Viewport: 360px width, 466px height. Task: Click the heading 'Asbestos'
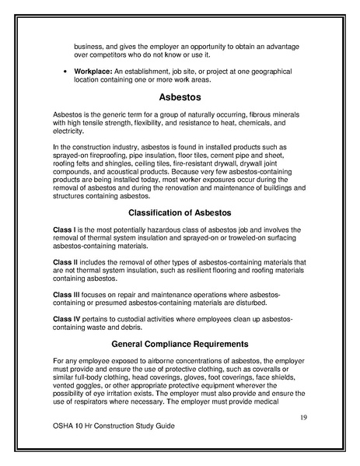tap(180, 99)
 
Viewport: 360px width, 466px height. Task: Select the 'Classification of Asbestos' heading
tap(180, 212)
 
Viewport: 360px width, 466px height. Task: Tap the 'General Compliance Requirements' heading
tap(180, 343)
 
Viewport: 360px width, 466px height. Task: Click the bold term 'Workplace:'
tap(94, 72)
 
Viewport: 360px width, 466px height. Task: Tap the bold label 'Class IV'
tap(68, 319)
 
